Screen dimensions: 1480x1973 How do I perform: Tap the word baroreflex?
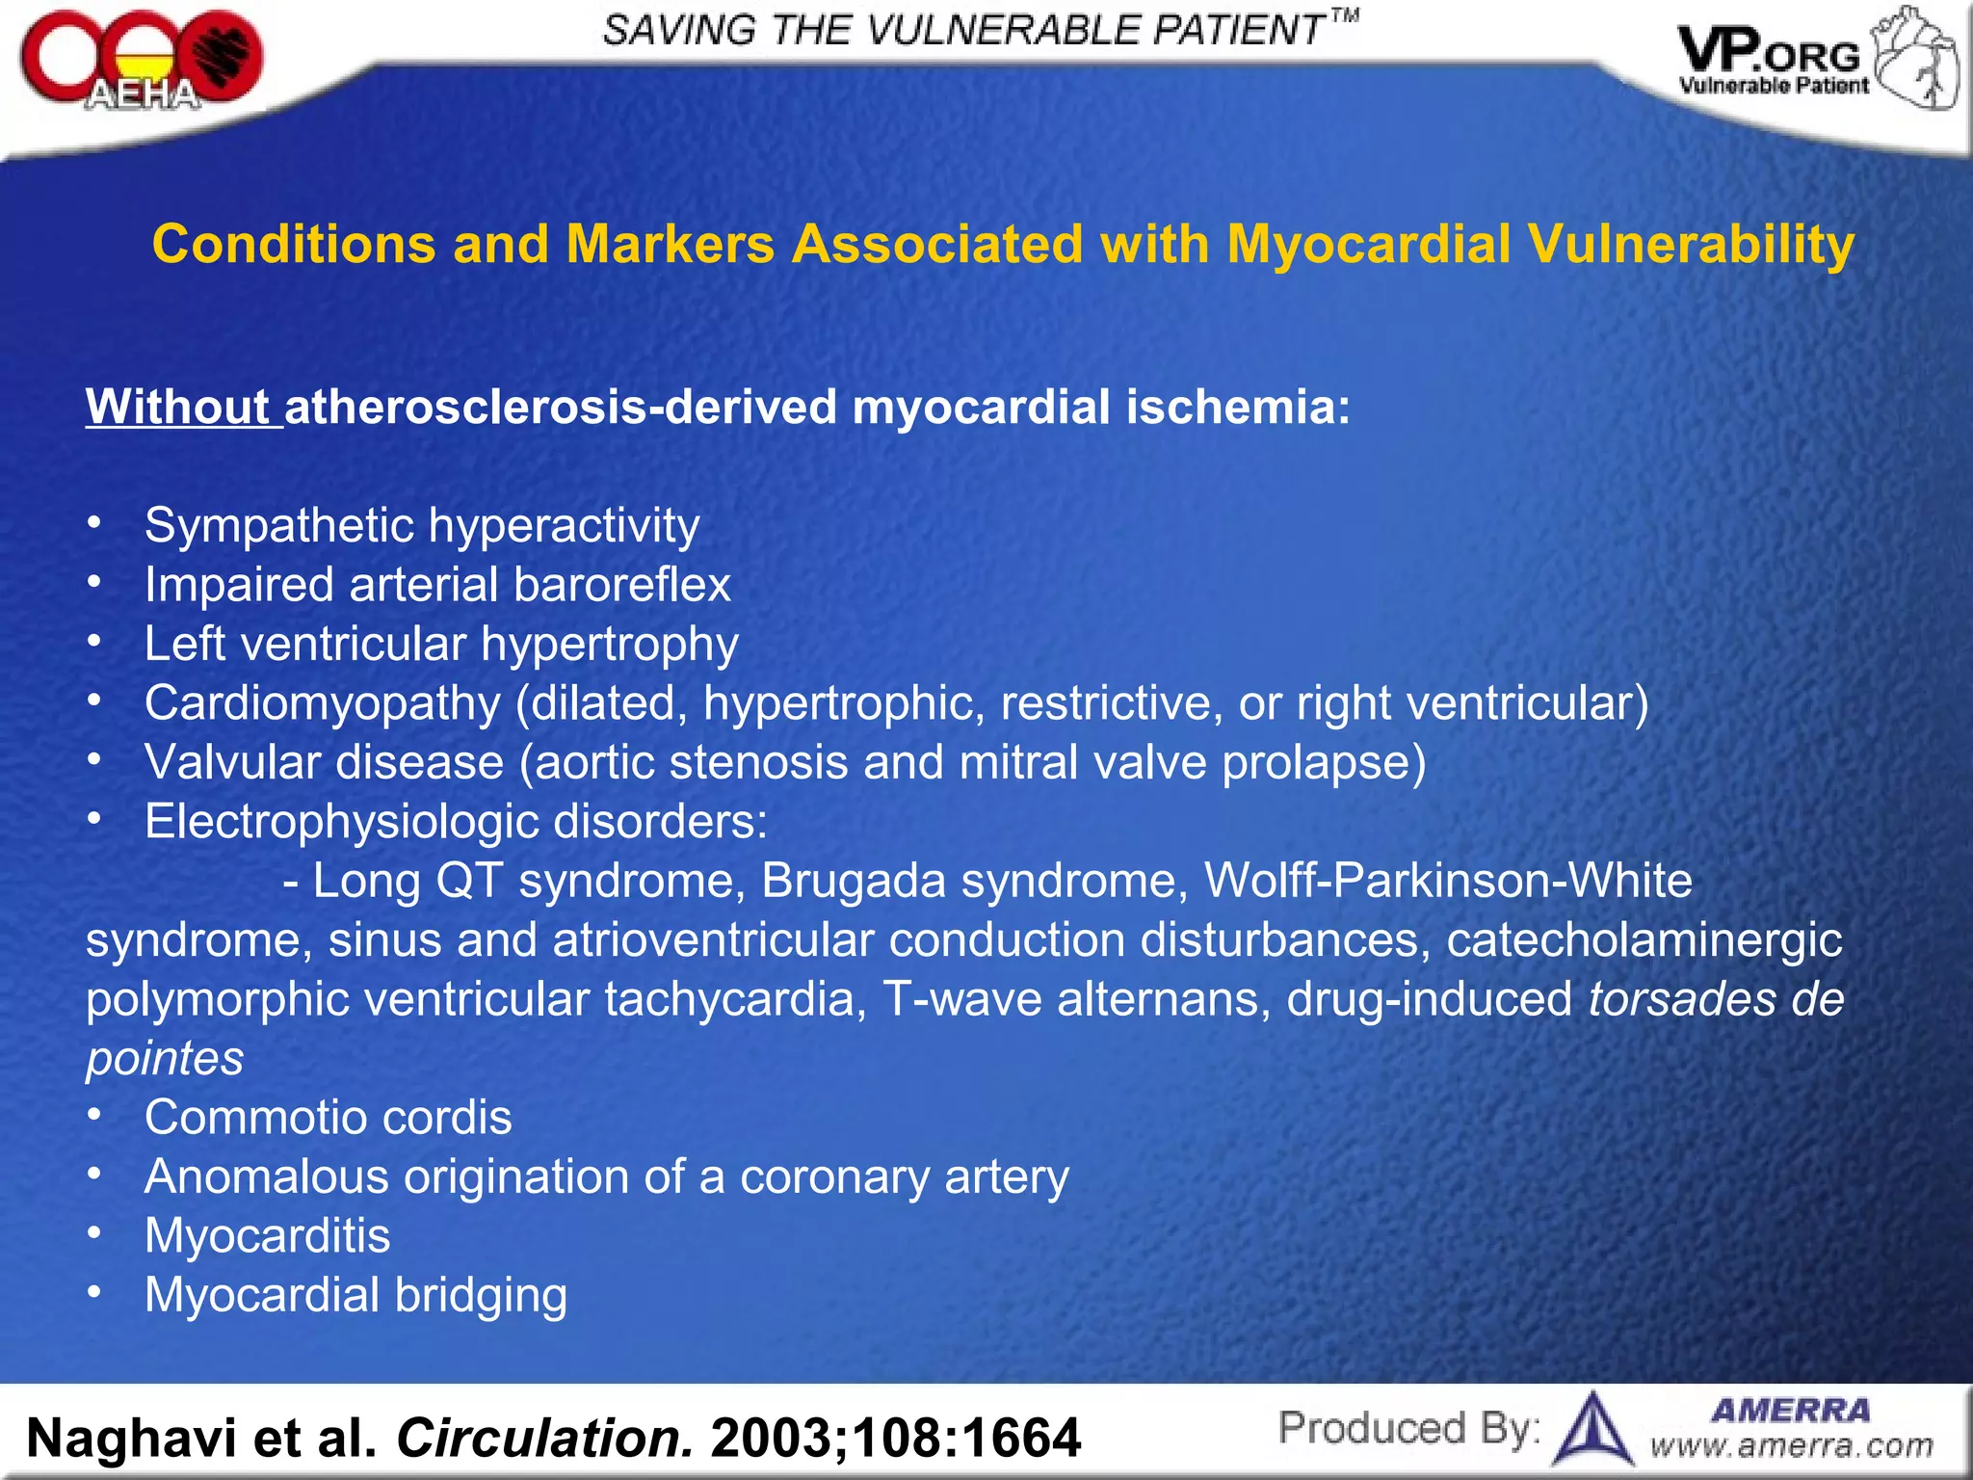coord(622,585)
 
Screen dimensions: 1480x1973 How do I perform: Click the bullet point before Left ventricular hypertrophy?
coord(93,642)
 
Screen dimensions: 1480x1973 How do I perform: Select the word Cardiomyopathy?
coord(323,703)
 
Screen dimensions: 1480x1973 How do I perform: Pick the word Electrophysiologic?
coord(341,822)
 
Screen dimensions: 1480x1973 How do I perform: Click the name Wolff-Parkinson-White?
coord(1447,881)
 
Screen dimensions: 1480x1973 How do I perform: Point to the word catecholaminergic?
coord(1644,939)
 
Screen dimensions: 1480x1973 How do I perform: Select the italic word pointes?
coord(165,1059)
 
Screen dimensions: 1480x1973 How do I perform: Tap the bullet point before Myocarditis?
coord(93,1234)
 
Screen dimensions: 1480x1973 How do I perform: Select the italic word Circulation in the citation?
coord(544,1438)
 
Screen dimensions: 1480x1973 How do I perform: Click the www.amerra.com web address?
coord(1792,1445)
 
